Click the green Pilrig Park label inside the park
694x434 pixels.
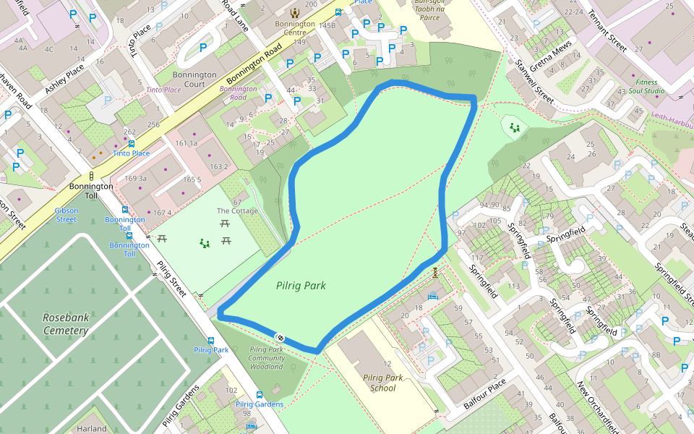click(x=301, y=286)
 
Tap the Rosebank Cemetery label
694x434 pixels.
click(x=65, y=324)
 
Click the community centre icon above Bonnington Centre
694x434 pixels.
click(x=294, y=12)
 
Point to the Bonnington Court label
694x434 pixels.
click(x=194, y=79)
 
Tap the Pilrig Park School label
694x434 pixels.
click(x=383, y=383)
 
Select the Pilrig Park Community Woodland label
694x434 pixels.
click(x=267, y=358)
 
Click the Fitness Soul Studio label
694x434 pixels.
click(x=646, y=87)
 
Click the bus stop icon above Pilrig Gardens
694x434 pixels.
click(x=259, y=395)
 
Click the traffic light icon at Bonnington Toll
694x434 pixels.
click(x=92, y=176)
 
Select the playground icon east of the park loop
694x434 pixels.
click(x=515, y=128)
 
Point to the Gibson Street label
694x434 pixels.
click(x=66, y=215)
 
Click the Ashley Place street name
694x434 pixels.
click(x=64, y=79)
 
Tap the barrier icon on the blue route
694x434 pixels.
click(x=279, y=338)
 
